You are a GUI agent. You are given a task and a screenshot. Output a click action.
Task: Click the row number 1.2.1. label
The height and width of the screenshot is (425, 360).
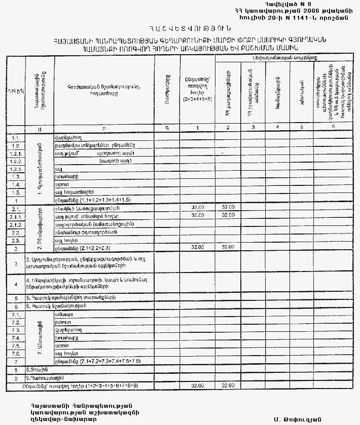click(x=16, y=152)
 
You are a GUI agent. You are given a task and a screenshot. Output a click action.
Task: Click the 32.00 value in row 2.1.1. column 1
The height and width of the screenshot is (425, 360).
click(x=198, y=215)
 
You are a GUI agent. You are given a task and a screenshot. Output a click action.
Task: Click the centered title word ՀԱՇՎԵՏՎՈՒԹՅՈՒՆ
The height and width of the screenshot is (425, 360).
click(x=179, y=29)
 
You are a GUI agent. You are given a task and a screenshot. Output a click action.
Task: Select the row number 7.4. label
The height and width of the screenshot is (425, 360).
click(x=16, y=337)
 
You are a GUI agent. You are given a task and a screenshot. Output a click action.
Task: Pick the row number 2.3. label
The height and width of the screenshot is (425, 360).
click(x=16, y=240)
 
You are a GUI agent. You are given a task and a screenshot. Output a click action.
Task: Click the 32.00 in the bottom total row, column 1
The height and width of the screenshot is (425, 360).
click(x=198, y=386)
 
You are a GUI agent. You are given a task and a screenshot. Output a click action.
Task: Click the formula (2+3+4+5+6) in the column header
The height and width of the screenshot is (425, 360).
click(x=198, y=99)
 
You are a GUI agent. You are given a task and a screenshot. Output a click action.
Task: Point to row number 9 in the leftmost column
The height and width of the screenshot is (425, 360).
click(x=16, y=378)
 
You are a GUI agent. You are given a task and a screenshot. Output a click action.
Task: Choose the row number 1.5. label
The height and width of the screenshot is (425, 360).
click(x=16, y=192)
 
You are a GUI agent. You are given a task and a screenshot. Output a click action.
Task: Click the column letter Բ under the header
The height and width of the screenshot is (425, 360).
click(x=104, y=128)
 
